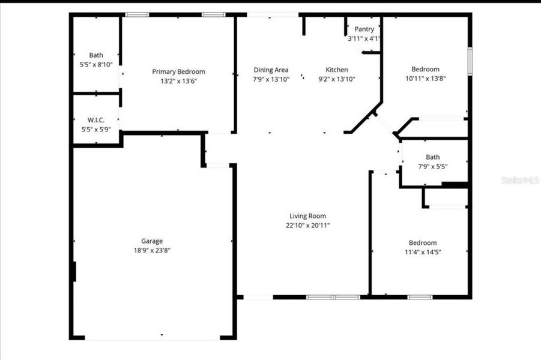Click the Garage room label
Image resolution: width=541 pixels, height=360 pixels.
152,241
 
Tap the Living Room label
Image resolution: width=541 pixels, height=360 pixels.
307,216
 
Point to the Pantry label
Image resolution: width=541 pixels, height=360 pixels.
364,29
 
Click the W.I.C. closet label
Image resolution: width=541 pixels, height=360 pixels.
96,120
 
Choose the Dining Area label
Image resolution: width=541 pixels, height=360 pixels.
271,70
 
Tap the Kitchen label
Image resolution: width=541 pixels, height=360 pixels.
336,70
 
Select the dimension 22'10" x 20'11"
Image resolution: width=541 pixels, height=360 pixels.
307,226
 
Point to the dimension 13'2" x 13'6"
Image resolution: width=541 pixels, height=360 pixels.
178,81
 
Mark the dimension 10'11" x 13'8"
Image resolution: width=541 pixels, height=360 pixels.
425,78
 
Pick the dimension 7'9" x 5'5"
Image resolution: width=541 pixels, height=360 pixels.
432,166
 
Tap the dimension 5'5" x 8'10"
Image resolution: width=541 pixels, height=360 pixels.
96,64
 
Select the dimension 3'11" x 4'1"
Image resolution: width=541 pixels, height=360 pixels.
364,38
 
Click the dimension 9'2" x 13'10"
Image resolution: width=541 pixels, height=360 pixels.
336,79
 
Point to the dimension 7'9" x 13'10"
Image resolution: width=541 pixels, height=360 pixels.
271,79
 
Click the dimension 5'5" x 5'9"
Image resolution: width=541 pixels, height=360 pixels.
96,129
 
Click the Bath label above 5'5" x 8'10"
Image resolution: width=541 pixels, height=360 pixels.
96,55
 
